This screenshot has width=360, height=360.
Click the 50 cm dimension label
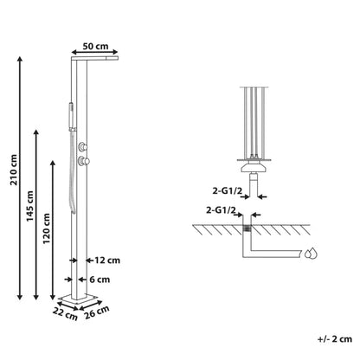tap(95, 46)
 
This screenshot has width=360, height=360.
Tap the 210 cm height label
tap(14, 170)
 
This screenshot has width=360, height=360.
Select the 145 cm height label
tap(30, 206)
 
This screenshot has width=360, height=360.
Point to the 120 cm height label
tap(47, 228)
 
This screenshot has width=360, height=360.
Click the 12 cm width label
tap(107, 260)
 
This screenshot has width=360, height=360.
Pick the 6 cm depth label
tap(100, 280)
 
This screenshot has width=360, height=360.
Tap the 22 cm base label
tap(65, 313)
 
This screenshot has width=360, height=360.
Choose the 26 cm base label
tap(97, 312)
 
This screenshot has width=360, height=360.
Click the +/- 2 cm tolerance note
tap(335, 338)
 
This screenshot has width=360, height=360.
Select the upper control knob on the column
tap(83, 147)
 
